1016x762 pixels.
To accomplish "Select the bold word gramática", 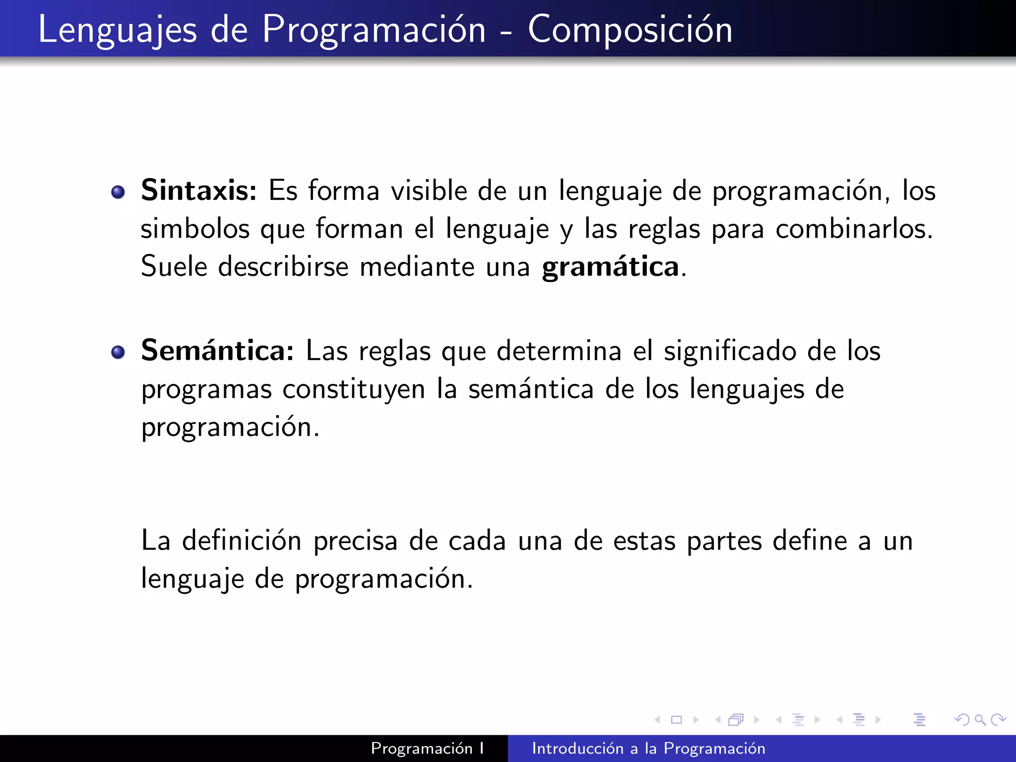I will pos(610,268).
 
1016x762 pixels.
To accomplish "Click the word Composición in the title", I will pos(630,30).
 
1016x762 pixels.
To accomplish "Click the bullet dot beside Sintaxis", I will pos(118,192).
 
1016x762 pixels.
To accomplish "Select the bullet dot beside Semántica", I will pos(118,352).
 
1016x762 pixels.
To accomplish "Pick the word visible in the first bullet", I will pos(429,190).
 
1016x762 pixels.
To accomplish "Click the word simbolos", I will pos(195,229).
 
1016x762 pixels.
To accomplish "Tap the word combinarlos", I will pos(854,229).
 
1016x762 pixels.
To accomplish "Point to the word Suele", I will pos(174,267).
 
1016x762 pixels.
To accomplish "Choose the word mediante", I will pos(417,267).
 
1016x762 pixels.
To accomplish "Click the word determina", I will pos(559,351).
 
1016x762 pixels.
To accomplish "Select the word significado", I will pos(730,351).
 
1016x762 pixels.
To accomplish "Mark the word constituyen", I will pos(354,389).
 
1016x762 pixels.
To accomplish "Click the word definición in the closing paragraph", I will pos(242,540).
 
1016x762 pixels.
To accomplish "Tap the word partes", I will pos(724,541).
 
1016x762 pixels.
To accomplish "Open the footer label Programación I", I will pos(427,749).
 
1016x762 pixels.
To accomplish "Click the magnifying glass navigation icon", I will pos(980,719).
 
